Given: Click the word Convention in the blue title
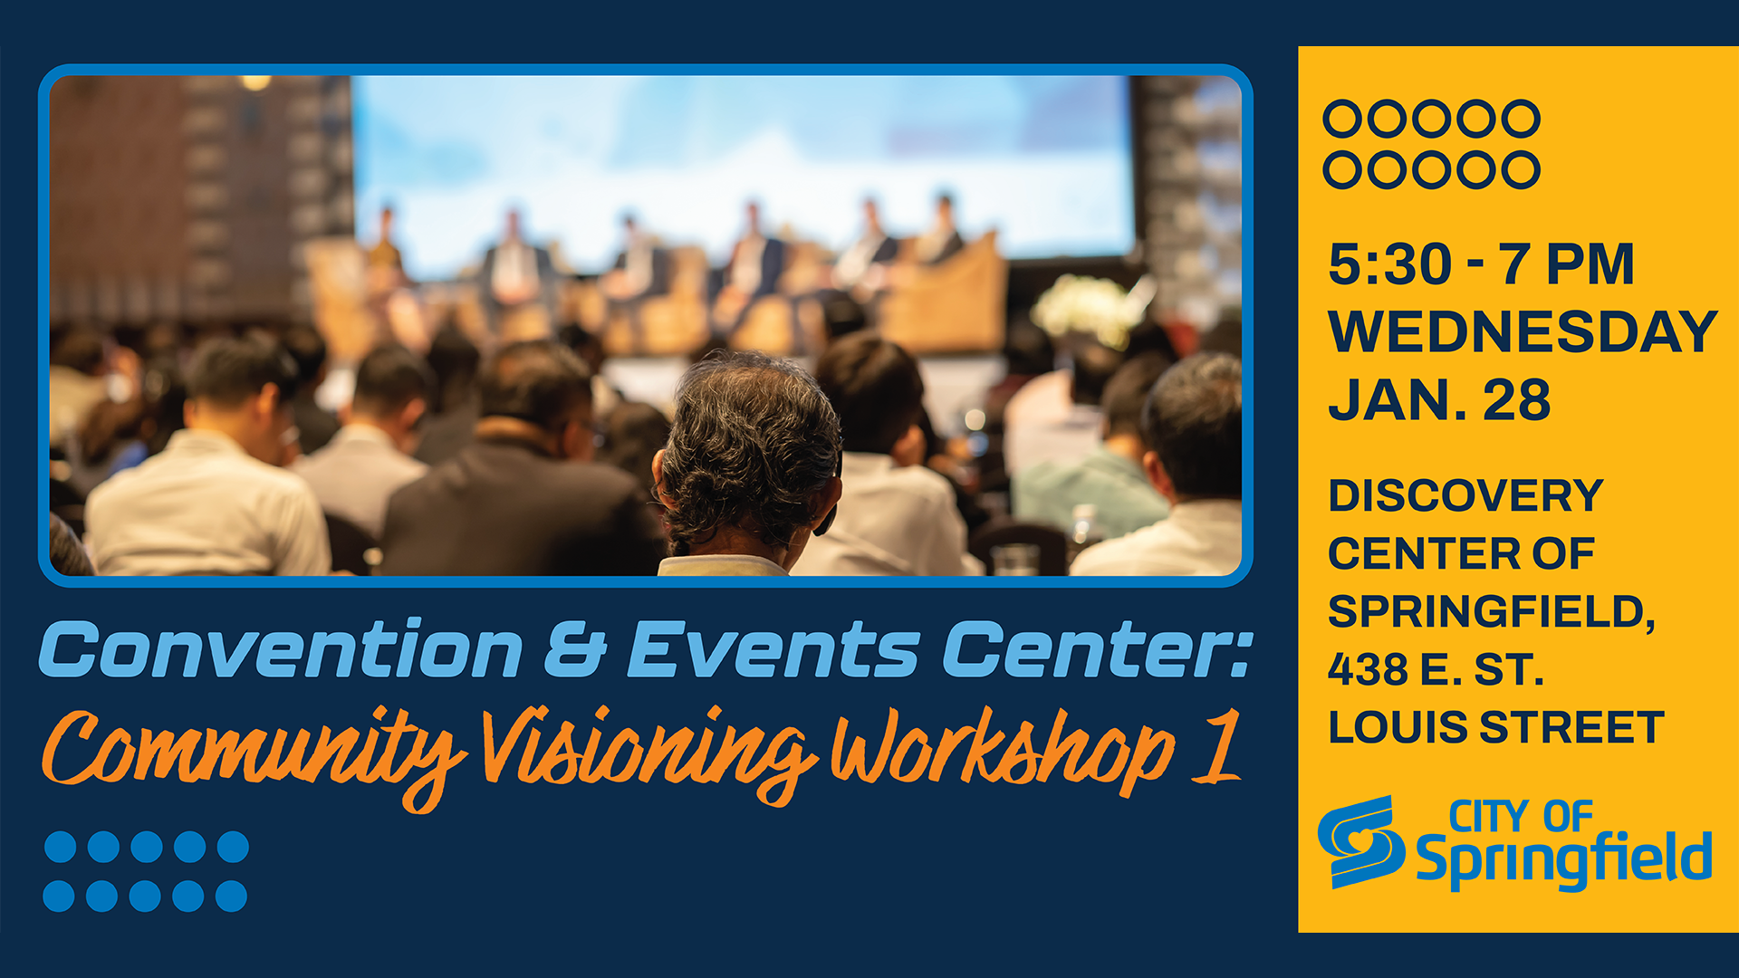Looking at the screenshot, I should click(282, 649).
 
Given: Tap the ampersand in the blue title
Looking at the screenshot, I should click(576, 649).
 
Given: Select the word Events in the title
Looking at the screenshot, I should click(773, 649).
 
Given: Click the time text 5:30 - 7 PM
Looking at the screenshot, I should click(1481, 264).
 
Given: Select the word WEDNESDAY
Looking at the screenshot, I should click(1523, 331).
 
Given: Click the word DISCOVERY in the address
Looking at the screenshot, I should click(1465, 496).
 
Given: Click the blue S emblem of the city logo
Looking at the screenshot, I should click(1360, 841).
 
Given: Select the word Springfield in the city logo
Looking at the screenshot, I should click(1563, 859).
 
